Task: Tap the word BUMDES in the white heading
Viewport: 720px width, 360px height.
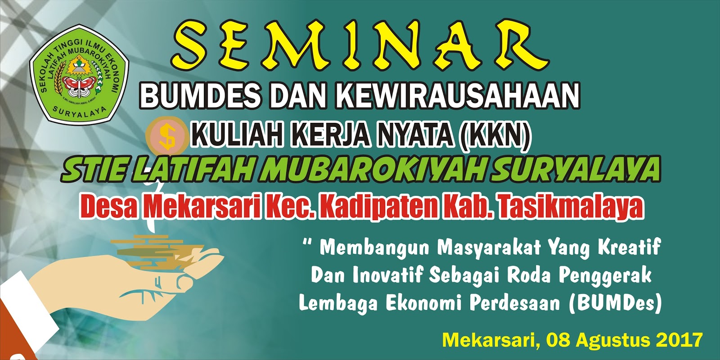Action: tap(200, 95)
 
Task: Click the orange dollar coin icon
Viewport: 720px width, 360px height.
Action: tap(167, 135)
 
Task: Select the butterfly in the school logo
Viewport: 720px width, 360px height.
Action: tap(79, 85)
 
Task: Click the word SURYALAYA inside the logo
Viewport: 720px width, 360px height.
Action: tap(79, 111)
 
